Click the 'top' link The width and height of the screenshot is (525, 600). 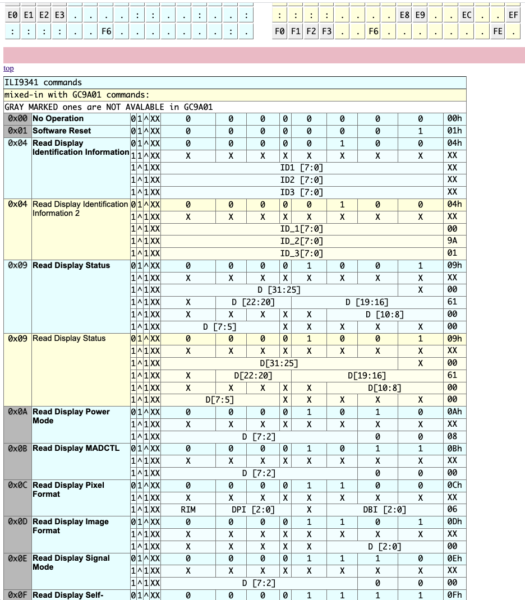8,68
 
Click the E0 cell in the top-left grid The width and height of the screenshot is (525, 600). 13,16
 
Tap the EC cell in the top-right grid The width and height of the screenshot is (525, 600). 467,16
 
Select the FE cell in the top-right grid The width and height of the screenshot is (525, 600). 498,32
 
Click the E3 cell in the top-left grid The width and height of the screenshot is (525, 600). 59,16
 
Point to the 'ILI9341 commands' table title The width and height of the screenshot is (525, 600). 43,82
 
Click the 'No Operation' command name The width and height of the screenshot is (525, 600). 58,118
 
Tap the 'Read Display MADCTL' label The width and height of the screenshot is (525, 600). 76,448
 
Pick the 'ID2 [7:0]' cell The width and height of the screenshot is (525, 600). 301,179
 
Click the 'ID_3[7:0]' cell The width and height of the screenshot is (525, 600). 301,253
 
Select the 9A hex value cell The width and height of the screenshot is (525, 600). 452,241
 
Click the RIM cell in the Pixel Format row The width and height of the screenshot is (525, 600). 188,510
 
